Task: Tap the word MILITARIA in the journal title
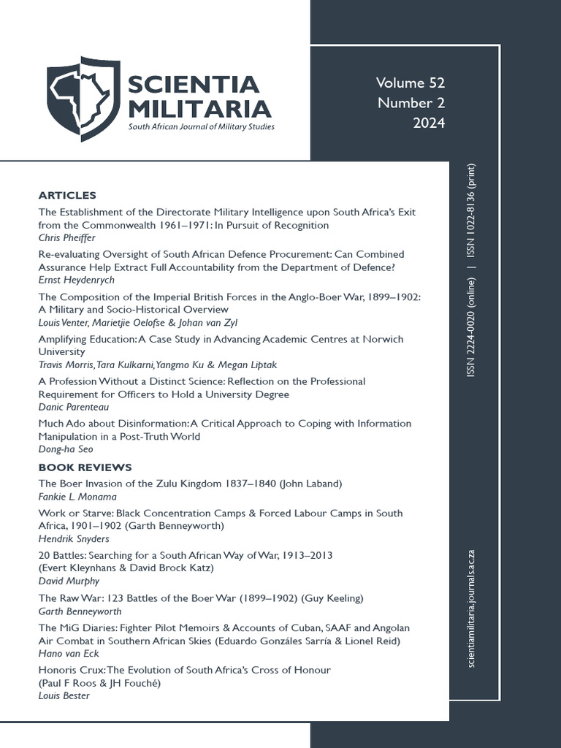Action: point(199,109)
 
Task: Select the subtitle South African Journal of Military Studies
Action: point(202,127)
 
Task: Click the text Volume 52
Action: point(410,83)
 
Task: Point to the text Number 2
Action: point(411,103)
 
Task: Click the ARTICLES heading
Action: point(67,195)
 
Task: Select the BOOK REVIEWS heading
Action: point(85,467)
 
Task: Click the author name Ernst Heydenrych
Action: point(76,280)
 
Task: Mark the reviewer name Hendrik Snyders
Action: point(73,539)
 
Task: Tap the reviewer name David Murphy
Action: point(69,581)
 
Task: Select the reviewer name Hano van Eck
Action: point(69,653)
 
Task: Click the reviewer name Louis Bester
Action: point(65,695)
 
